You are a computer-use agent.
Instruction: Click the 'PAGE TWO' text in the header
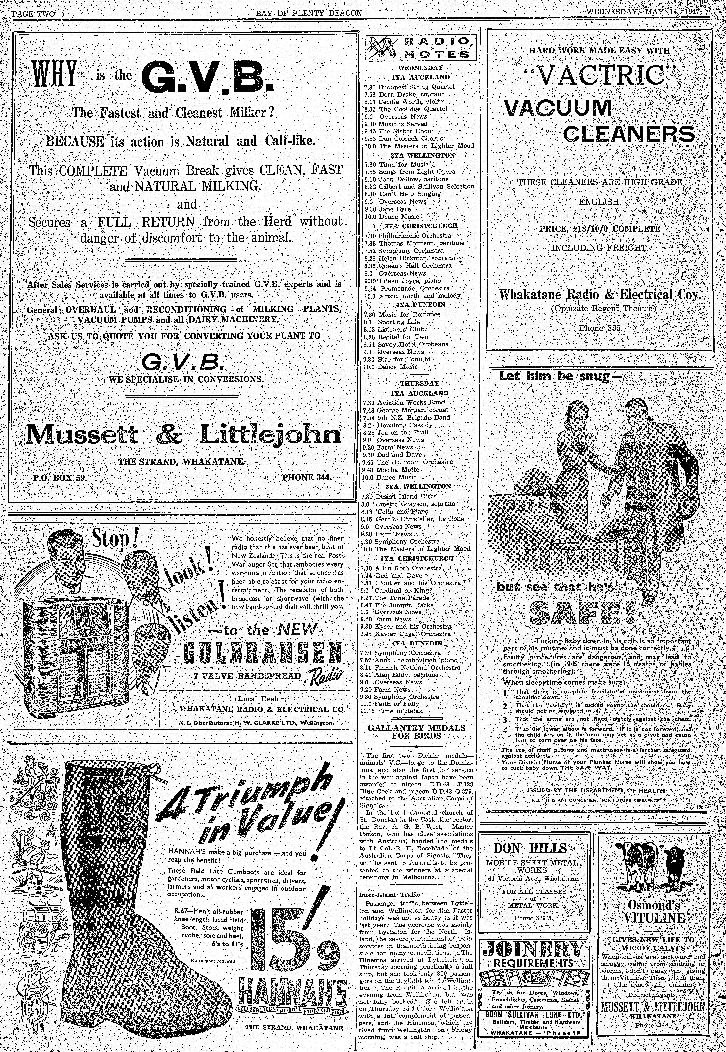pyautogui.click(x=33, y=14)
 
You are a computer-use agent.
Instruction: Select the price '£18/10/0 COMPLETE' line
pyautogui.click(x=600, y=229)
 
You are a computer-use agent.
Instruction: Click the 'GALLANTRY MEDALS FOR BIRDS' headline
pyautogui.click(x=416, y=731)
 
